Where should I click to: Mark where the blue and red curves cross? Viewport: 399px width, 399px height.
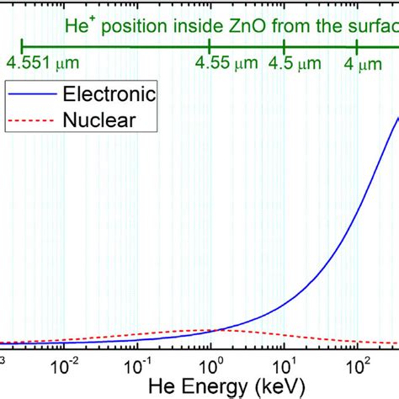click(x=220, y=330)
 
